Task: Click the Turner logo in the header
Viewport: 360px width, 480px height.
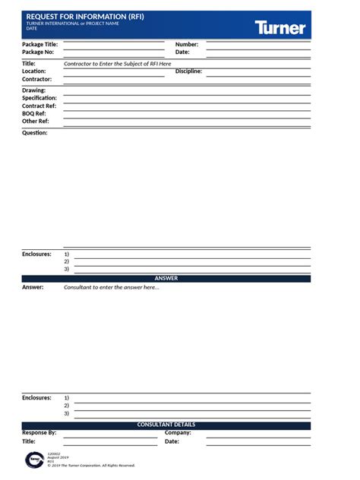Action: click(280, 28)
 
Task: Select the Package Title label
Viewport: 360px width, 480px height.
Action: click(39, 45)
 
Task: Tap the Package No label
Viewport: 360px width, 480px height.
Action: click(38, 52)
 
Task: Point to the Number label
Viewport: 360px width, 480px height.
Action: click(187, 45)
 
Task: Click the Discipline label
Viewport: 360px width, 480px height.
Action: click(188, 71)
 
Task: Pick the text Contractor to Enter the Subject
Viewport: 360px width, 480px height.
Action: click(118, 64)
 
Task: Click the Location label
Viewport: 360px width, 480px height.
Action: click(34, 71)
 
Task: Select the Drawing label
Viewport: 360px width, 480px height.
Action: click(34, 90)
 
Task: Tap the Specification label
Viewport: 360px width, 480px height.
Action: click(39, 98)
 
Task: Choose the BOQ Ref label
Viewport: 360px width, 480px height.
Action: click(35, 114)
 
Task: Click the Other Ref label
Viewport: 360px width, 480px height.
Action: click(36, 122)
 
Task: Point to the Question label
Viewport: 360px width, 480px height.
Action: click(34, 133)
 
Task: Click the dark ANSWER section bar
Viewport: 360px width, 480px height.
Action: click(166, 279)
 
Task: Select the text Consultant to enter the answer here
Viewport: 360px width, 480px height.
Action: click(112, 288)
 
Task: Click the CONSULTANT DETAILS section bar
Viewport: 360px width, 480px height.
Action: click(166, 425)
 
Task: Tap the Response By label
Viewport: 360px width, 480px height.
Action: click(39, 433)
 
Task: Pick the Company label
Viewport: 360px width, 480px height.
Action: click(178, 433)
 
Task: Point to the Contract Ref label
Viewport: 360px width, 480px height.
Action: click(39, 106)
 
